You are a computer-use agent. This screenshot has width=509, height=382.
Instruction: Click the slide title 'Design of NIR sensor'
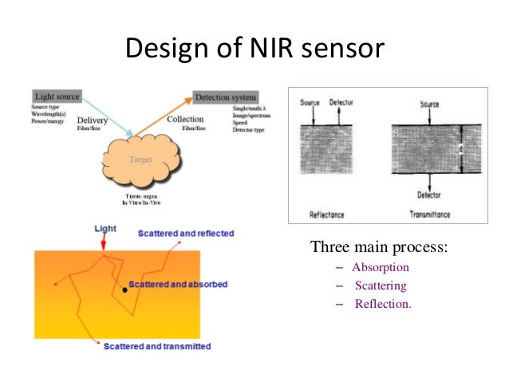254,49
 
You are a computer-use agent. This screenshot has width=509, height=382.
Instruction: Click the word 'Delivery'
93,122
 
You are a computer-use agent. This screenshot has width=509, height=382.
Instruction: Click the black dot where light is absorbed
124,291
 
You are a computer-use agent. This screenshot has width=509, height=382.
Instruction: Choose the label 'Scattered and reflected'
185,234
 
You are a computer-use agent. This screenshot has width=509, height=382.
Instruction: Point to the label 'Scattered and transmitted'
157,346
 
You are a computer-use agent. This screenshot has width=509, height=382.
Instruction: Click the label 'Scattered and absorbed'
180,285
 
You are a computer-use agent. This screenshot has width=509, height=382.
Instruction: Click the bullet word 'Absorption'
381,267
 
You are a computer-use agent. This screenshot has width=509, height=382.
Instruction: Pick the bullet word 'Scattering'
381,285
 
